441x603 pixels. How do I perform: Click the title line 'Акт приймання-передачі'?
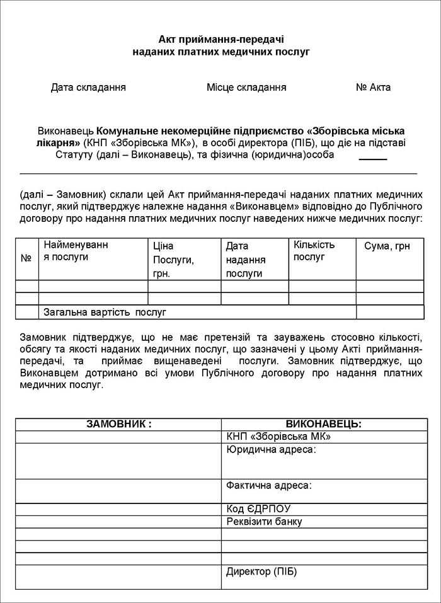click(221, 39)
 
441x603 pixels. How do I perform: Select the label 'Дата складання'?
click(88, 88)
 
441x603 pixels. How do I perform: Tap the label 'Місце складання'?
click(246, 88)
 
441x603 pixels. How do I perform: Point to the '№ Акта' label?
click(373, 88)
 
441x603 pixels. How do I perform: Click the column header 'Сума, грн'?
click(387, 246)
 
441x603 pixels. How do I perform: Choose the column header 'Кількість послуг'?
click(314, 251)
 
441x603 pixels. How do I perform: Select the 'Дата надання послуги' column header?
click(246, 260)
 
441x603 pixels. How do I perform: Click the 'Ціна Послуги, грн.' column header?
click(173, 260)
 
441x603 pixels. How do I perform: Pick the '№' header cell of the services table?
click(26, 258)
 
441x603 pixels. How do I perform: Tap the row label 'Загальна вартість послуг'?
click(104, 312)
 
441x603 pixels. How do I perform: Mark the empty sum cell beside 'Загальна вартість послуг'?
click(389, 312)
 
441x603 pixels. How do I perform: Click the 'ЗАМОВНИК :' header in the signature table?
click(118, 424)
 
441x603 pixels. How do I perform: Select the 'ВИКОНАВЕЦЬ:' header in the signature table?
click(323, 424)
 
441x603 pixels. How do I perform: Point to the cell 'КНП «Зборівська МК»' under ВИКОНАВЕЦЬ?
click(278, 437)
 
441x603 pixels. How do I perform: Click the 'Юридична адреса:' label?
click(270, 450)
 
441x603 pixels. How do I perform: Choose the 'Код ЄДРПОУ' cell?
click(258, 509)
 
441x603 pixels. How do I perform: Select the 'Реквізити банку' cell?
click(264, 522)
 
